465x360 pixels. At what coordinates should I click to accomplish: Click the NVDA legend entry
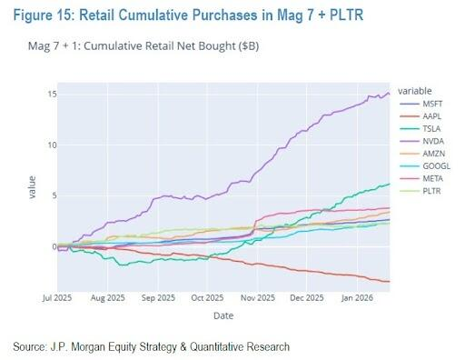[x=422, y=141]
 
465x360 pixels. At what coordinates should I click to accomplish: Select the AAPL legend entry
[x=420, y=116]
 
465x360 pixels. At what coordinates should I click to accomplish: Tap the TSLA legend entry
[x=420, y=129]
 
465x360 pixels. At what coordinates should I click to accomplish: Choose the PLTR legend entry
[x=420, y=191]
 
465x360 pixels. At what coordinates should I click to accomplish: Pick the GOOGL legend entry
[x=425, y=166]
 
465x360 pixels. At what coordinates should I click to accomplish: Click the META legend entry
[x=421, y=178]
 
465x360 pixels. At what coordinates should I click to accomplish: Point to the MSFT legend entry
[x=421, y=104]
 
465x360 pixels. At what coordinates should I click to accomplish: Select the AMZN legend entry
[x=422, y=154]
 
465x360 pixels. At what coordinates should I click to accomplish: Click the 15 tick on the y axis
[x=52, y=95]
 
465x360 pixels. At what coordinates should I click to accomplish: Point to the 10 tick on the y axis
[x=52, y=145]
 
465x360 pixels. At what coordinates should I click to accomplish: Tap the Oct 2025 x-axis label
[x=207, y=298]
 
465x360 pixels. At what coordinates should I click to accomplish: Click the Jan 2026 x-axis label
[x=357, y=298]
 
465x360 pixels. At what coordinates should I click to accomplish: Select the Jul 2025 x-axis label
[x=57, y=298]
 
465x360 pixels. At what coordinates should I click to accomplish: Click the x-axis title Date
[x=223, y=315]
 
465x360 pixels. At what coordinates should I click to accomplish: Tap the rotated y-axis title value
[x=32, y=187]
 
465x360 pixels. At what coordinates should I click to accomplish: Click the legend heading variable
[x=415, y=91]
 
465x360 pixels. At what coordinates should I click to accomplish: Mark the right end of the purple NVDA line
[x=390, y=94]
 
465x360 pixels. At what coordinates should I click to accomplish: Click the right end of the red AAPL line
[x=390, y=282]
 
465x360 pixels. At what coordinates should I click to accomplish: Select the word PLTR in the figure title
[x=347, y=15]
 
